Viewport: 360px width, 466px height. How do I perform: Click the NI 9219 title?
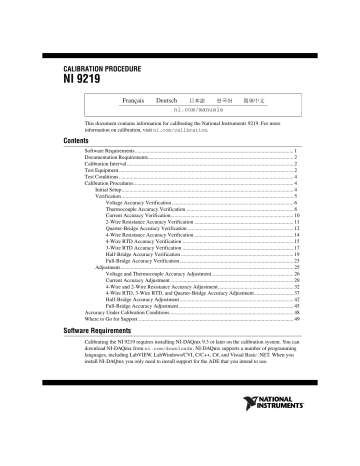tap(79, 77)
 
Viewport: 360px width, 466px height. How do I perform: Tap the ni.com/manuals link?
tap(208, 111)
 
